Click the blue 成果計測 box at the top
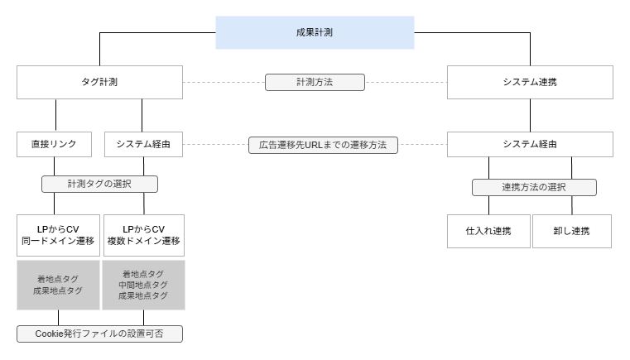315,32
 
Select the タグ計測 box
99,82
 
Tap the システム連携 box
530,82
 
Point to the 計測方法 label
315,82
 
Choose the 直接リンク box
55,144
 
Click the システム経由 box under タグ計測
143,144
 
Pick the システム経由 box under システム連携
530,144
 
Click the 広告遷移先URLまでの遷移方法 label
323,145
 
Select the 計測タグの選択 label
99,184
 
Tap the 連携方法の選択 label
534,187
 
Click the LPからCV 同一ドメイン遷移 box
58,235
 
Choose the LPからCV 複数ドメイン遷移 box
143,235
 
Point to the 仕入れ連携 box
488,231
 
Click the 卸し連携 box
571,231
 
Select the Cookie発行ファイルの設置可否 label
99,334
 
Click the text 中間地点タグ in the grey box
143,285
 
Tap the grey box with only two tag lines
58,285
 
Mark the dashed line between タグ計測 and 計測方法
224,82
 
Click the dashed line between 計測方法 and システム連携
406,82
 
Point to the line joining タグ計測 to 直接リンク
56,115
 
